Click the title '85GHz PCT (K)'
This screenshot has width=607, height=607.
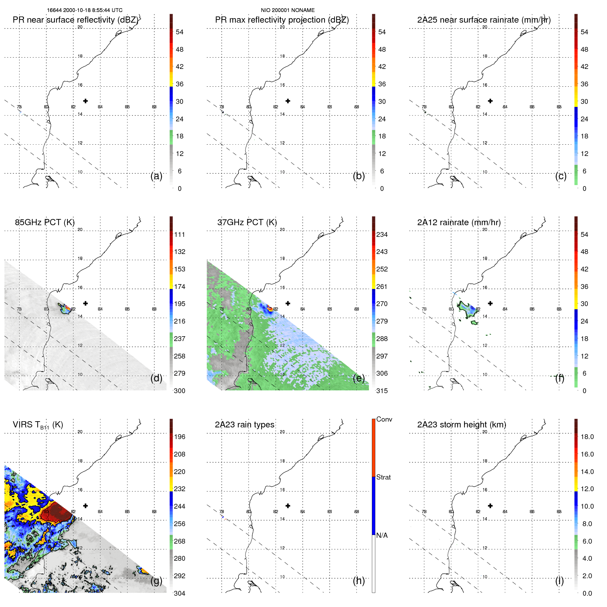pyautogui.click(x=45, y=222)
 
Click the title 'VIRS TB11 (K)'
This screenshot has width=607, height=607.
pyautogui.click(x=38, y=425)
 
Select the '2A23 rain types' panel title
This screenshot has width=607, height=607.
pyautogui.click(x=244, y=425)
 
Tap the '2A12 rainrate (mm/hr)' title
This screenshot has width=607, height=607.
pyautogui.click(x=459, y=222)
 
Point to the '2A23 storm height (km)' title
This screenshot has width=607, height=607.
pyautogui.click(x=461, y=425)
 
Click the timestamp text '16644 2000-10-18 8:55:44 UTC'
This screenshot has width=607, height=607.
pyautogui.click(x=84, y=10)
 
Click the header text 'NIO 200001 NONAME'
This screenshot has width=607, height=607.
pyautogui.click(x=288, y=10)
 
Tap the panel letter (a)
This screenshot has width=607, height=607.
pyautogui.click(x=156, y=176)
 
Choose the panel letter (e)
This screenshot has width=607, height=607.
pyautogui.click(x=359, y=378)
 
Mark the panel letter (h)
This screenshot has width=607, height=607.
pyautogui.click(x=359, y=581)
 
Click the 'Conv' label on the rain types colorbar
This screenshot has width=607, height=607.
pyautogui.click(x=384, y=420)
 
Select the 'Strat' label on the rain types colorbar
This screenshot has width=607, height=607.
pyautogui.click(x=383, y=477)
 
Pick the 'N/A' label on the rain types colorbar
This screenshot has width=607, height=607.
pyautogui.click(x=382, y=535)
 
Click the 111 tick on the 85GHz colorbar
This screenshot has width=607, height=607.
pyautogui.click(x=180, y=235)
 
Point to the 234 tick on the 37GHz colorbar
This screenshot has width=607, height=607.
pyautogui.click(x=382, y=235)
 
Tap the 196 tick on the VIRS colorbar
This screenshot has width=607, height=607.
pyautogui.click(x=180, y=437)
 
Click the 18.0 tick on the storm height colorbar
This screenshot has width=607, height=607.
pyautogui.click(x=587, y=437)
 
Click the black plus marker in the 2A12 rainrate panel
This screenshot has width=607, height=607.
pyautogui.click(x=490, y=303)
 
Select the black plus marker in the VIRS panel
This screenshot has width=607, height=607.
pyautogui.click(x=85, y=506)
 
